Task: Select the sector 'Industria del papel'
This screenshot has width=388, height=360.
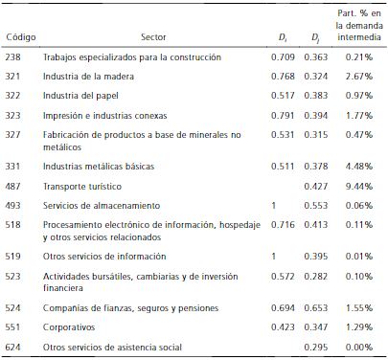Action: [79, 97]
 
